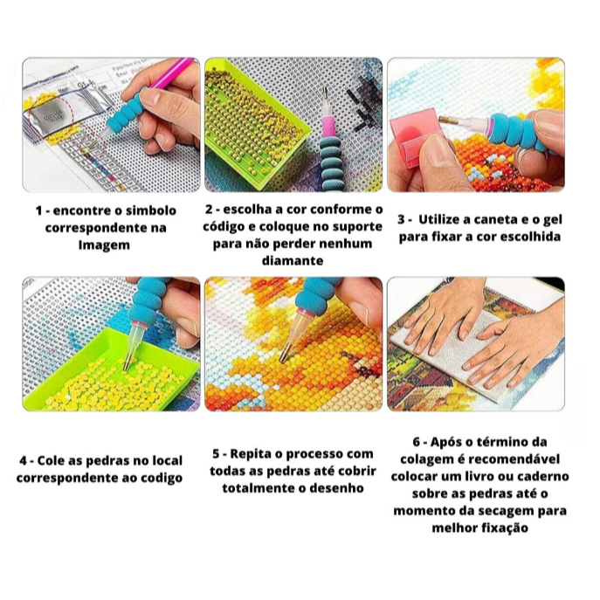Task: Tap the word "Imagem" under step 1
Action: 104,245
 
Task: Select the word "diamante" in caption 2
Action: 293,260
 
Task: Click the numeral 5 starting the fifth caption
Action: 217,454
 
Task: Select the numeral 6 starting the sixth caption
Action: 417,442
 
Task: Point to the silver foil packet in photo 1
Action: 57,116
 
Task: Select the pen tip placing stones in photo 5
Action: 284,358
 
